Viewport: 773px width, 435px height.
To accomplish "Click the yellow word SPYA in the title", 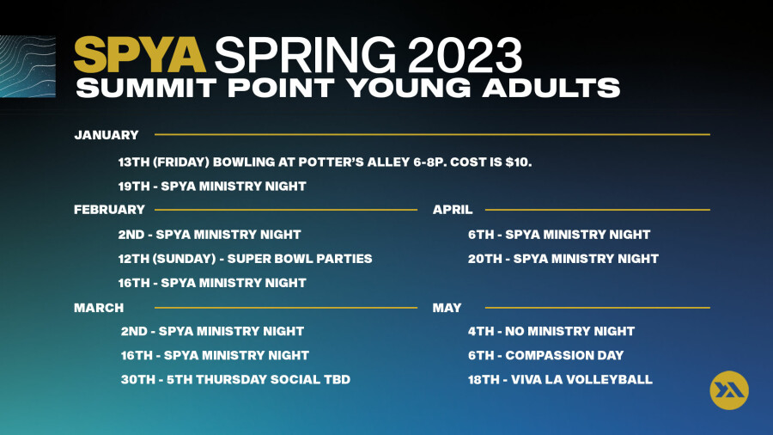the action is tap(139, 55).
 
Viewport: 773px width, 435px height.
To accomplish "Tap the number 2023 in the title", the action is tap(465, 55).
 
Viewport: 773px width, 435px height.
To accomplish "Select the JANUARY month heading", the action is tap(107, 135).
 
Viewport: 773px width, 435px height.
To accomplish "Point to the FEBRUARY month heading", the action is tap(109, 210).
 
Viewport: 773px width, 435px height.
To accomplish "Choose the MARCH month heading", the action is tap(99, 308).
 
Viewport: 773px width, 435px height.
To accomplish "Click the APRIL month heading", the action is tap(453, 210).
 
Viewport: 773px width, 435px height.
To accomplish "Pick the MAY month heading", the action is tap(447, 308).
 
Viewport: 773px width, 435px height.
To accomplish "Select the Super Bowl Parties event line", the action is tap(245, 259).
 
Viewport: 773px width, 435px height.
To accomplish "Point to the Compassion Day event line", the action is tap(545, 356).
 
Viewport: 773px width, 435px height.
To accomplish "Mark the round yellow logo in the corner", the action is tap(729, 390).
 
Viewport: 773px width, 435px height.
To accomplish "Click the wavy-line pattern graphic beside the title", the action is tap(27, 66).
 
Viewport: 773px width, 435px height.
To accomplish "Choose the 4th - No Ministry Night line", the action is tap(551, 332).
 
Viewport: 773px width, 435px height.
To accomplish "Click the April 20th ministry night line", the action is tap(563, 259).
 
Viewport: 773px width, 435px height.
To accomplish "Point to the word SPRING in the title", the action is tap(305, 55).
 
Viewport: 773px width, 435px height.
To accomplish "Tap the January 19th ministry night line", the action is tap(212, 187).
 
